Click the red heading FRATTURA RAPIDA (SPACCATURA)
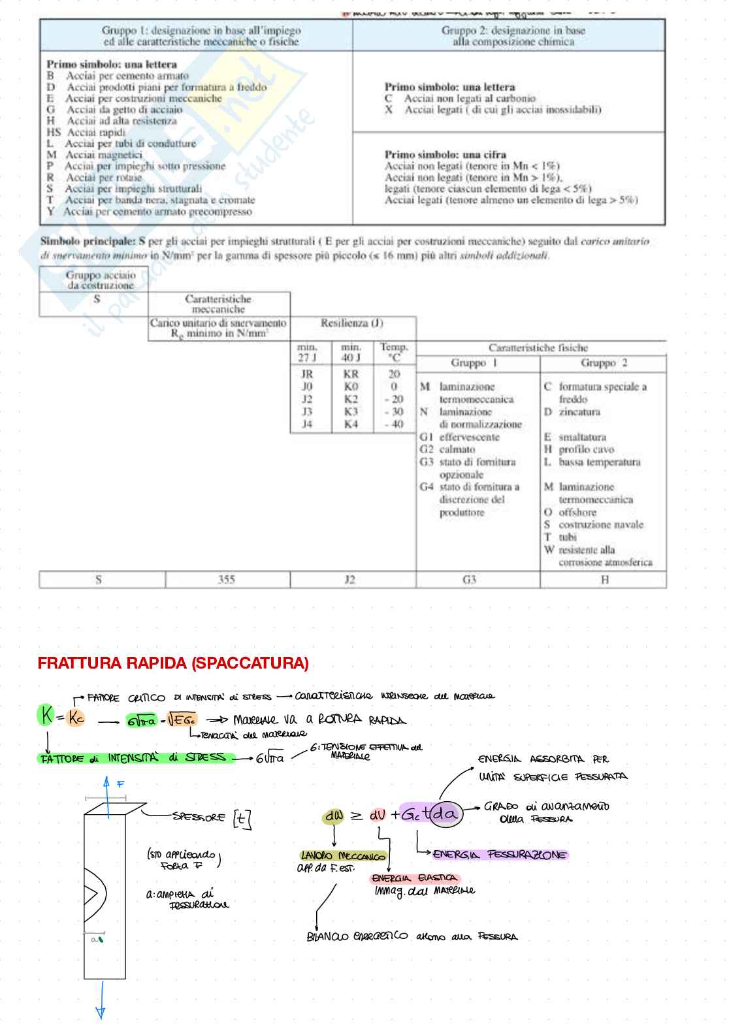pyautogui.click(x=173, y=663)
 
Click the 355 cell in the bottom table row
pyautogui.click(x=226, y=579)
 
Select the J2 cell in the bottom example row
pyautogui.click(x=350, y=579)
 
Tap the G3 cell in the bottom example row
pyautogui.click(x=469, y=579)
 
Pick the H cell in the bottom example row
pyautogui.click(x=604, y=579)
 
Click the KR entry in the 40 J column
pyautogui.click(x=351, y=374)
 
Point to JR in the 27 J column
pyautogui.click(x=307, y=374)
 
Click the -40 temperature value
pyautogui.click(x=394, y=424)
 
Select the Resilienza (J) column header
pyautogui.click(x=352, y=323)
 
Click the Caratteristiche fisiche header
pyautogui.click(x=538, y=348)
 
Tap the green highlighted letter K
pyautogui.click(x=46, y=716)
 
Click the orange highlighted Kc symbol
pyautogui.click(x=76, y=718)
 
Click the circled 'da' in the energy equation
pyautogui.click(x=445, y=814)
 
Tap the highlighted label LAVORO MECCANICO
pyautogui.click(x=343, y=855)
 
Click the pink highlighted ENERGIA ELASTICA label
pyautogui.click(x=414, y=878)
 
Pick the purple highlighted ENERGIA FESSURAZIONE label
pyautogui.click(x=500, y=854)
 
